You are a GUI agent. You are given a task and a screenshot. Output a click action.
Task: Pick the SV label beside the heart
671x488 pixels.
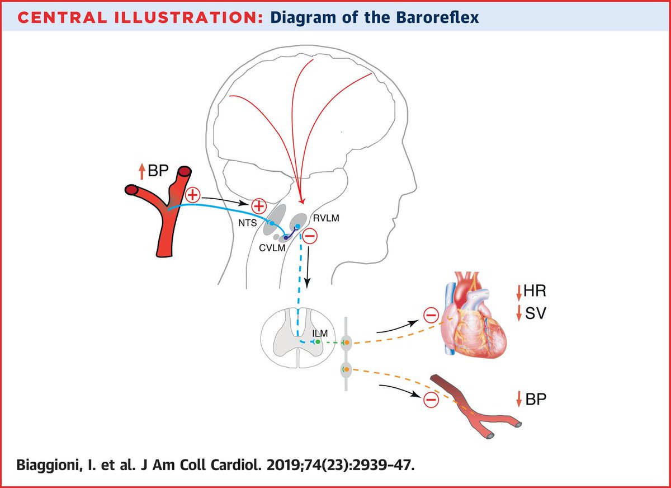point(532,314)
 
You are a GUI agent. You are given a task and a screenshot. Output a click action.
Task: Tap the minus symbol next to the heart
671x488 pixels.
point(431,317)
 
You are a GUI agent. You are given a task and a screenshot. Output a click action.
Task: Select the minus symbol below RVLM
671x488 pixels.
point(310,237)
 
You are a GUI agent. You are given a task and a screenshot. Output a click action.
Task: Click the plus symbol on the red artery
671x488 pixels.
point(192,195)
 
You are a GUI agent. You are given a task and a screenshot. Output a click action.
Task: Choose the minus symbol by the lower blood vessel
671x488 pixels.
point(430,400)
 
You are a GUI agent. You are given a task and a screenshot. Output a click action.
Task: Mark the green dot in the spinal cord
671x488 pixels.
point(318,341)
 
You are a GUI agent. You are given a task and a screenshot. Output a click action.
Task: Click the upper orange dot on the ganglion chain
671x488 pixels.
point(347,341)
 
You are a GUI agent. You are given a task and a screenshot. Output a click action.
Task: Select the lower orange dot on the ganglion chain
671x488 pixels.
point(347,369)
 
